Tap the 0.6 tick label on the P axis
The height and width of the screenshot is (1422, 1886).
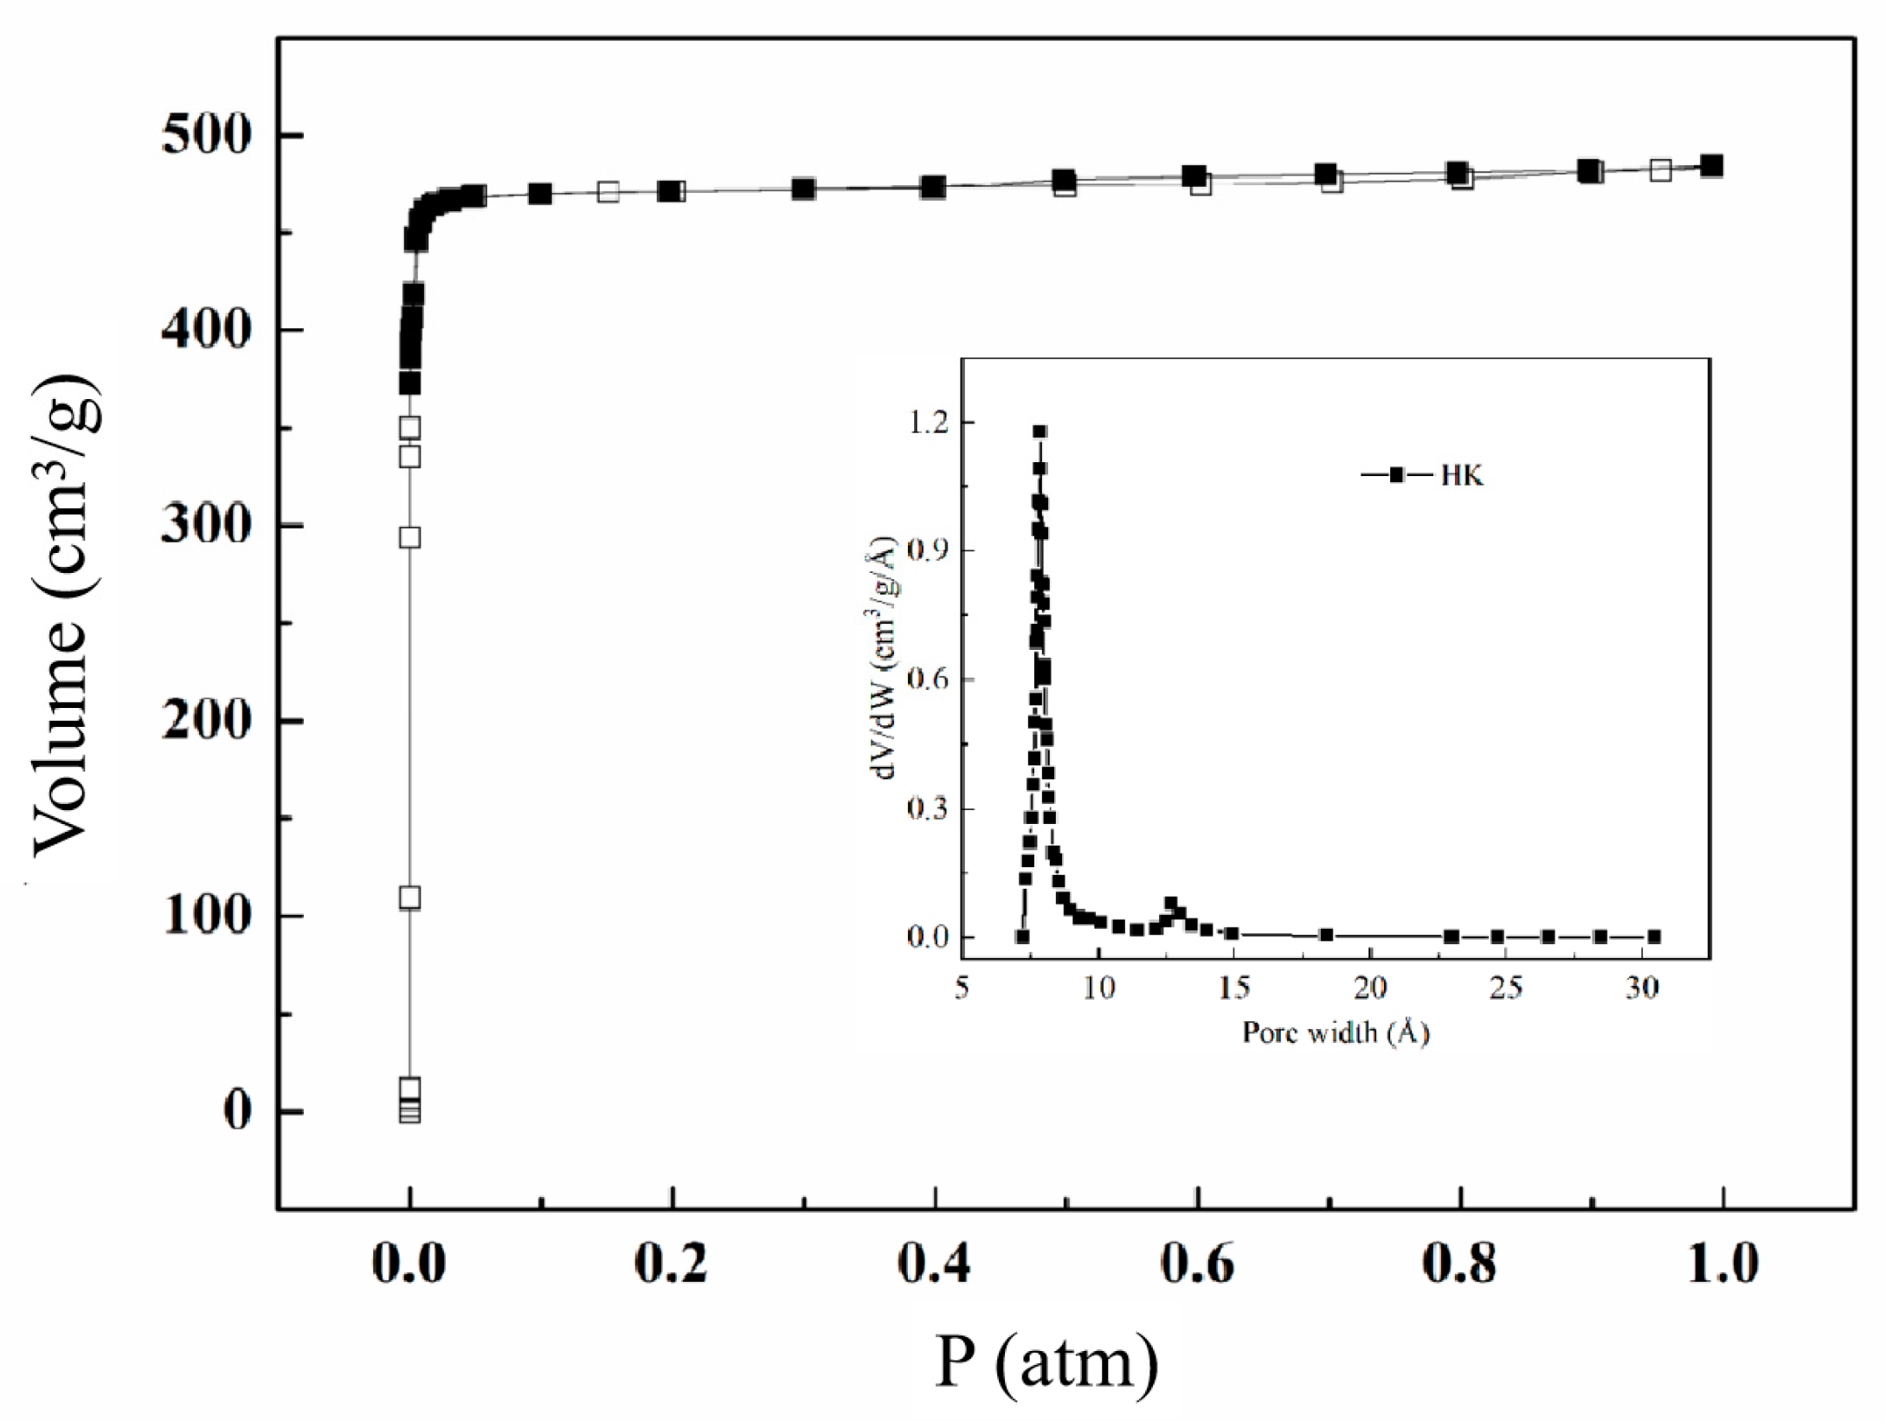tap(1197, 1264)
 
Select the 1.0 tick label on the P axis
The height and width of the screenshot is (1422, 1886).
tap(1722, 1264)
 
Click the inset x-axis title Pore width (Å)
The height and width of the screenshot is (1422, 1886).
tap(1335, 1033)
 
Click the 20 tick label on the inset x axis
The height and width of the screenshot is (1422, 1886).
tap(1370, 988)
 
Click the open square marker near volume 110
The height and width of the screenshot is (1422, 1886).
tap(410, 898)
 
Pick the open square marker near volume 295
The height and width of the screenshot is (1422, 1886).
tap(410, 537)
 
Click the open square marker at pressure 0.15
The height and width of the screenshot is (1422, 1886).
tap(608, 191)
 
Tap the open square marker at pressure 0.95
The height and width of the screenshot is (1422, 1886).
tap(1660, 171)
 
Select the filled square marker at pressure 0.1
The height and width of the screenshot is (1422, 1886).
tap(540, 193)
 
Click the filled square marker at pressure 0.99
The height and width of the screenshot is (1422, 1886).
tap(1711, 165)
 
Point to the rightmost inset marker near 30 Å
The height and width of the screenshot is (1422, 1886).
tap(1654, 936)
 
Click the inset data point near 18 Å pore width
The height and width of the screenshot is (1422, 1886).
tap(1326, 935)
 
